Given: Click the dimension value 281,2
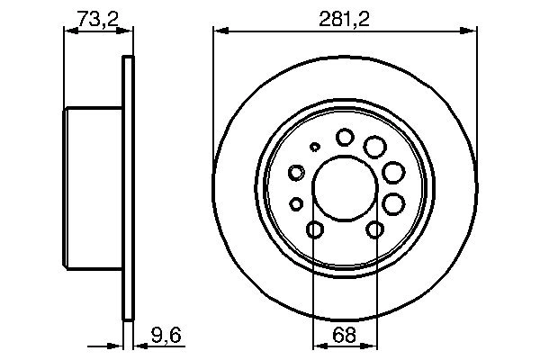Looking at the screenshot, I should (x=346, y=18).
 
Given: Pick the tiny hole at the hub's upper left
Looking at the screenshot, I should (x=314, y=146).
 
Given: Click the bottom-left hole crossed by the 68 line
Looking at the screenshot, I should (x=313, y=231).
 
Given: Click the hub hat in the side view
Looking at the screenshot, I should (x=94, y=190).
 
